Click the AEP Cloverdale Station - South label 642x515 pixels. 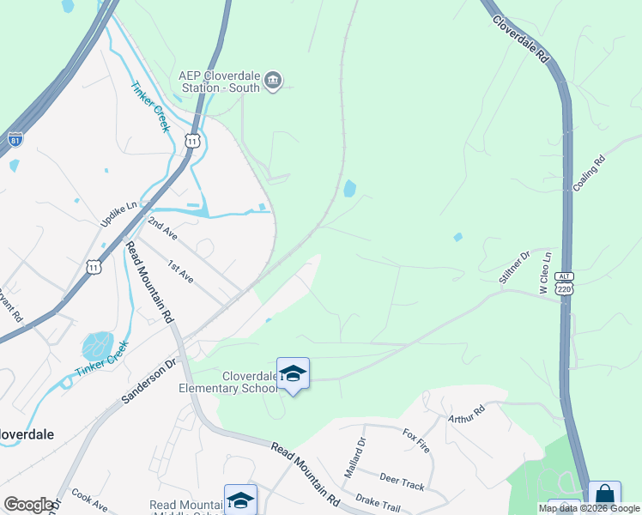[219, 81]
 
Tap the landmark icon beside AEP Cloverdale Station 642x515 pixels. [274, 82]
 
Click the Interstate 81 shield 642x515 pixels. [15, 139]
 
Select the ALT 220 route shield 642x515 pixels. [563, 284]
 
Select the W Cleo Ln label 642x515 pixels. [543, 273]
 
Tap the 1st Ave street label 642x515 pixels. [180, 271]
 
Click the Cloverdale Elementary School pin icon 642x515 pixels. [293, 373]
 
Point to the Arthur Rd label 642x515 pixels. [466, 415]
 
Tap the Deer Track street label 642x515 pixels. [402, 481]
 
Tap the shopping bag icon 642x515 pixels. [604, 496]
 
